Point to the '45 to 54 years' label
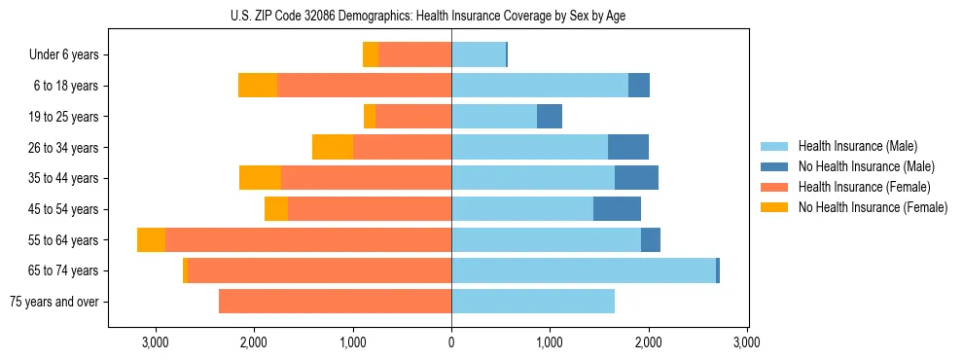coord(63,209)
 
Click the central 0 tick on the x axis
coord(451,342)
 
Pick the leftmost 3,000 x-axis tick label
coord(156,342)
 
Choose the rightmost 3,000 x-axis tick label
coord(746,342)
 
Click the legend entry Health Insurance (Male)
coord(857,146)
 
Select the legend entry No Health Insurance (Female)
coord(873,207)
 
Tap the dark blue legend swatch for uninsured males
coord(778,166)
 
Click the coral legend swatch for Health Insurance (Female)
coord(778,187)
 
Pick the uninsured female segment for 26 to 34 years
coord(333,147)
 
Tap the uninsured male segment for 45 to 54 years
coord(617,209)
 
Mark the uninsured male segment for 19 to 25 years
coord(550,117)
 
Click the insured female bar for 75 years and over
coord(335,302)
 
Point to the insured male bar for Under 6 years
coord(479,55)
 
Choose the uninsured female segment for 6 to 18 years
coord(258,86)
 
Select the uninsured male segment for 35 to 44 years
coord(636,178)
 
